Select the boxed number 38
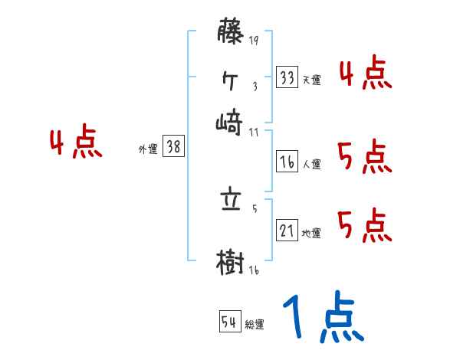[173, 148]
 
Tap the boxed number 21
[287, 231]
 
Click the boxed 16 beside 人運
[287, 162]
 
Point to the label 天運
[312, 80]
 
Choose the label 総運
[255, 324]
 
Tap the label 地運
[312, 234]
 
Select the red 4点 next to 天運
[365, 74]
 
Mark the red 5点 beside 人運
[365, 158]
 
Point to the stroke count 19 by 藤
[254, 41]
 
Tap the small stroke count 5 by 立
[254, 208]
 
